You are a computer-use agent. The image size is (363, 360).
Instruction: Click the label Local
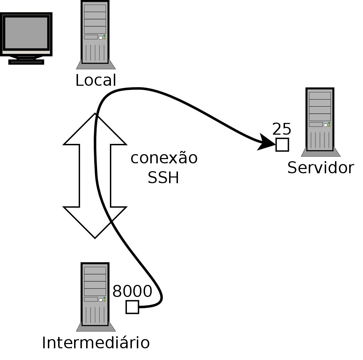(x=96, y=80)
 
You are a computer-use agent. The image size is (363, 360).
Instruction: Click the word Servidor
(x=320, y=168)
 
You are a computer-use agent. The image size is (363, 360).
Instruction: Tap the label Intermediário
(x=96, y=343)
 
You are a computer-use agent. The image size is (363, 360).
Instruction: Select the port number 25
(x=282, y=129)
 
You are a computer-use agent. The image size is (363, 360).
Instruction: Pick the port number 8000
(x=132, y=291)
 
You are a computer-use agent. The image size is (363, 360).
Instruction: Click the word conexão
(x=164, y=158)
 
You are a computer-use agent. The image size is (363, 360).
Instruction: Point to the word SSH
(x=163, y=178)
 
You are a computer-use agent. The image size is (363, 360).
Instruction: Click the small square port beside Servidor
(x=282, y=145)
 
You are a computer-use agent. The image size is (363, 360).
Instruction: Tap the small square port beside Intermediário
(x=132, y=307)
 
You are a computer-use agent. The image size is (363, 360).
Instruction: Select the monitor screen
(x=26, y=33)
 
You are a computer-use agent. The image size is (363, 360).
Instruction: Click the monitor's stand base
(x=26, y=62)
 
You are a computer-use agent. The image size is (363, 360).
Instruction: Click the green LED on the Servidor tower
(x=329, y=123)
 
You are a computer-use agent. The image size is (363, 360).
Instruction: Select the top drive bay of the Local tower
(x=95, y=8)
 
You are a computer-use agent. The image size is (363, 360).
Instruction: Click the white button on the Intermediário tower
(x=101, y=300)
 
